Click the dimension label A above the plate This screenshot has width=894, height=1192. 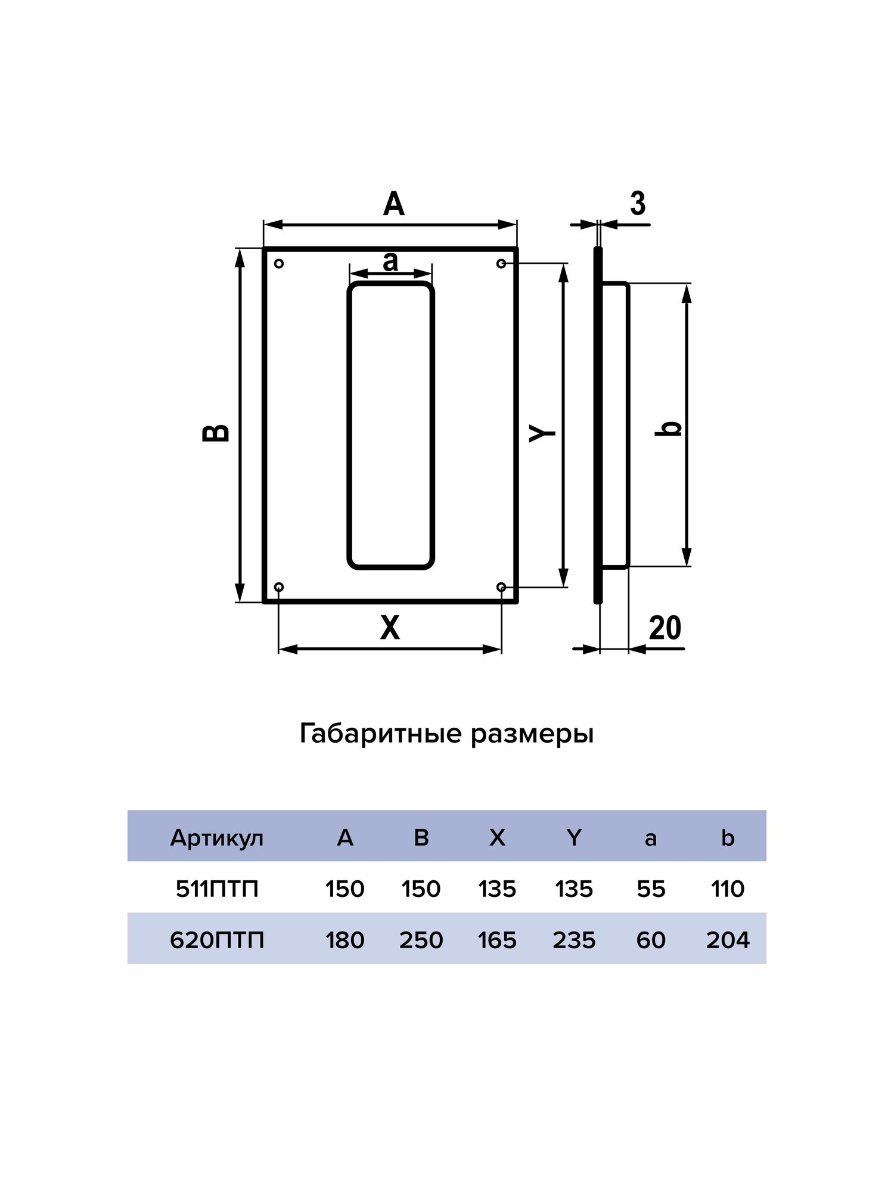pos(393,204)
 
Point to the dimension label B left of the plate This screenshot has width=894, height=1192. pos(216,433)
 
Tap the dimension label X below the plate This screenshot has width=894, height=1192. pos(390,628)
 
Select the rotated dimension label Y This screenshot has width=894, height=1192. pos(542,433)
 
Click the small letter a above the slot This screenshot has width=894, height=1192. pos(390,261)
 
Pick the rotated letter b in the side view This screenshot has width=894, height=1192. pos(669,428)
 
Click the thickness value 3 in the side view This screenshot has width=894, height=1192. pos(638,204)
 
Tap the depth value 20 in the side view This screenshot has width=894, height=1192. pos(665,628)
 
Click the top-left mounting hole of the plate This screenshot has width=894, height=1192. pos(278,263)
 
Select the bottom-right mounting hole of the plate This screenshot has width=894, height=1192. pos(501,587)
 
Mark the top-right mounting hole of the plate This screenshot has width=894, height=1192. pos(501,263)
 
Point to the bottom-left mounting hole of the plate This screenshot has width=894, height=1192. pos(278,587)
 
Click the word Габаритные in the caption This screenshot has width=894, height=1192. pos(381,734)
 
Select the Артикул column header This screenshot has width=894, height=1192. pos(217,838)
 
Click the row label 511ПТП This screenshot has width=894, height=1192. pos(217,889)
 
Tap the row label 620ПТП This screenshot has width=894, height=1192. pos(217,940)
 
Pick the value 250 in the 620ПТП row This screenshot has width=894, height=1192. pos(421,940)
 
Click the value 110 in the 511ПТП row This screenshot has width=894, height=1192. pos(728,889)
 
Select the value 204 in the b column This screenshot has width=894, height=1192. pos(728,940)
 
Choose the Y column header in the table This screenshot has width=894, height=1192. pos(574,838)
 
